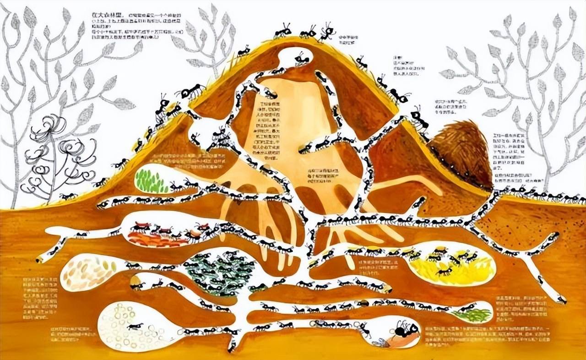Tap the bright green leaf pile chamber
click(x=151, y=181)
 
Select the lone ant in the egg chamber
click(x=135, y=326)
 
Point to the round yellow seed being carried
click(x=136, y=280)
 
